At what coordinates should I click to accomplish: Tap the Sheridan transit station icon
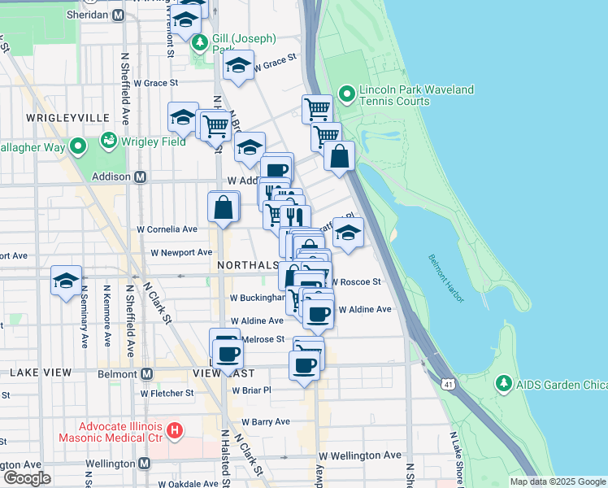tap(119, 15)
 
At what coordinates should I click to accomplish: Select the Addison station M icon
tap(140, 176)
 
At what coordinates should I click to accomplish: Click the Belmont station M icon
tap(147, 373)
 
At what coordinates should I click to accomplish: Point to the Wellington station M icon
tap(145, 463)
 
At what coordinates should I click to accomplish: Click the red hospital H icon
tap(173, 429)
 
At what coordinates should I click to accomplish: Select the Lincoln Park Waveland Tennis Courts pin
tap(347, 94)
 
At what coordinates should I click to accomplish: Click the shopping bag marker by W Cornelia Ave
tap(224, 208)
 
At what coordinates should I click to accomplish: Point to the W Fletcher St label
tap(167, 393)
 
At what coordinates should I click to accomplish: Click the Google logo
tap(26, 478)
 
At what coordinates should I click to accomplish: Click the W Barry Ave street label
tap(265, 422)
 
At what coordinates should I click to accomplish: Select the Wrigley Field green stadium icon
tap(107, 141)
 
